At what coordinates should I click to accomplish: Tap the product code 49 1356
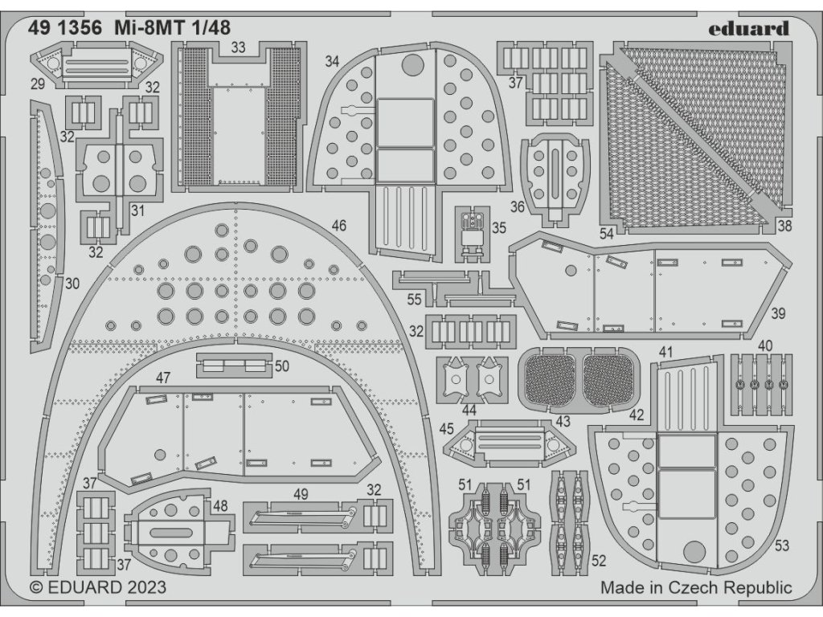(64, 27)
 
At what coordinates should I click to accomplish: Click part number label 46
(338, 227)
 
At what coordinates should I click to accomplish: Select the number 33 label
(238, 48)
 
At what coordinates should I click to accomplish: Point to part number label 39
(778, 313)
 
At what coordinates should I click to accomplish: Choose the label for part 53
(781, 547)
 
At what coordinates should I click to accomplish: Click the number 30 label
(72, 283)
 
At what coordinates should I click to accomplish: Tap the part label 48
(219, 507)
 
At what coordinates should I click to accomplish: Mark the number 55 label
(414, 300)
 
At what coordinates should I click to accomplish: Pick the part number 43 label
(563, 421)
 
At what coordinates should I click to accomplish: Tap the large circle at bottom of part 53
(695, 553)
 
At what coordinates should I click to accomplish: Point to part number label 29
(36, 84)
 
